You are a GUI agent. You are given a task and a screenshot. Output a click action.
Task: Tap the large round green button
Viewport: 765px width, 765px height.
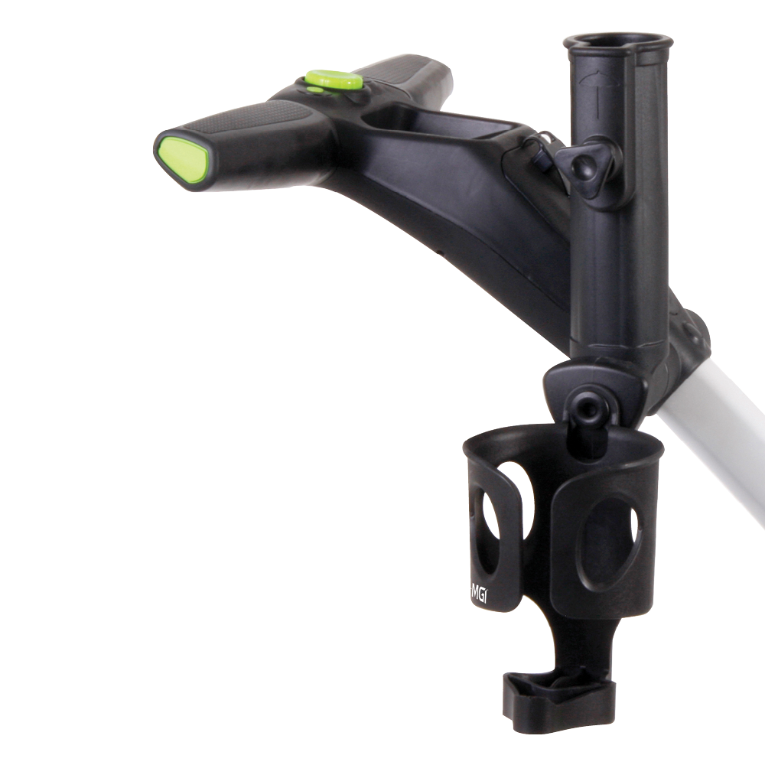(334, 80)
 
